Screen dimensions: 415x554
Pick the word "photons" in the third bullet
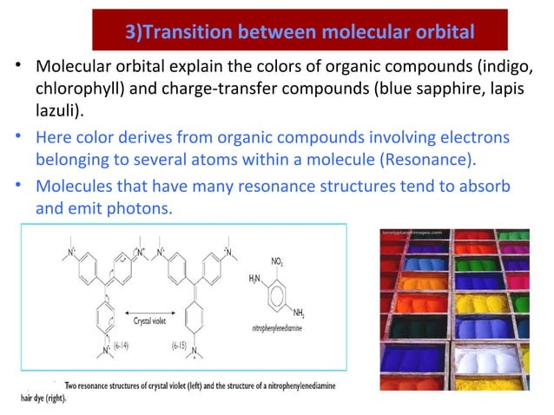130,209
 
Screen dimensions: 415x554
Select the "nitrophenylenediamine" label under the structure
280,330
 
